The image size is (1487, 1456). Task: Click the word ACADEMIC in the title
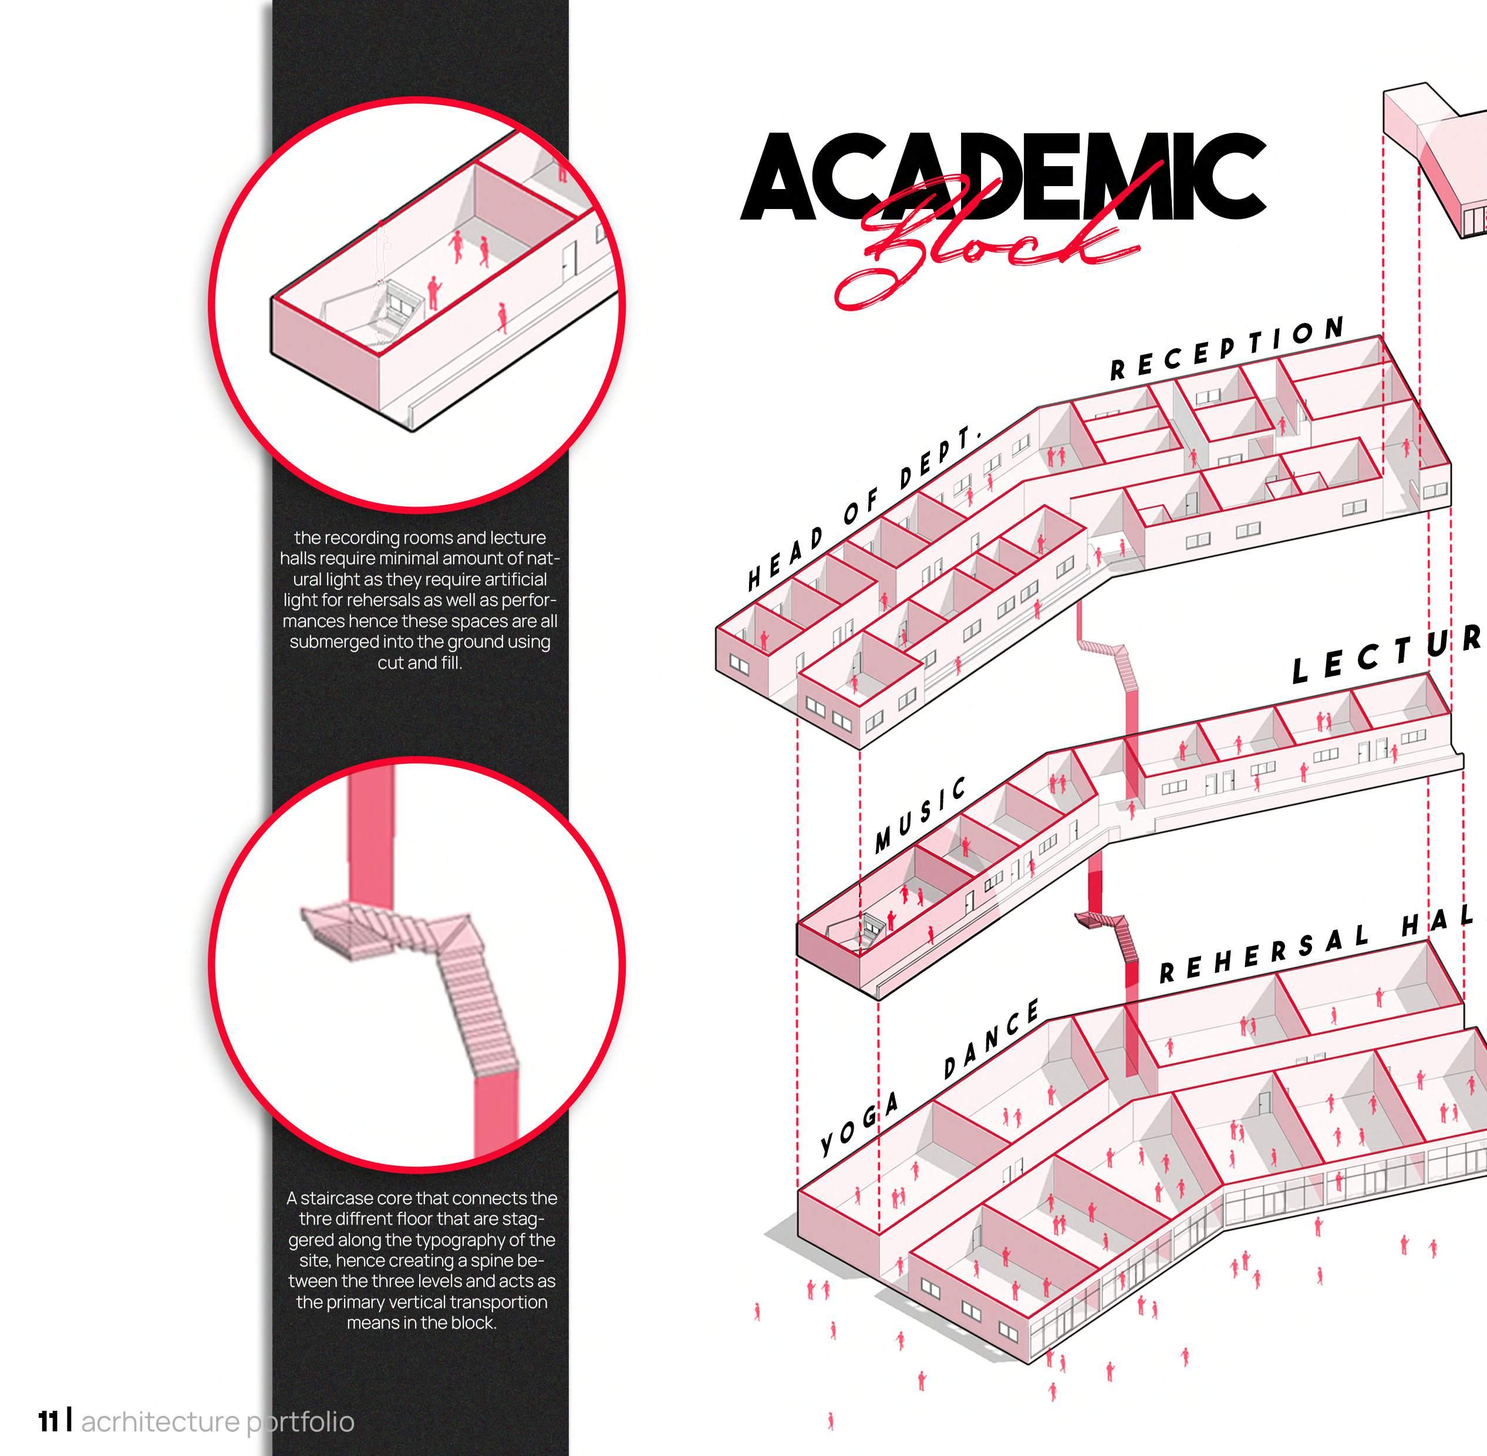click(1002, 177)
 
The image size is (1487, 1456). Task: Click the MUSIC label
click(920, 814)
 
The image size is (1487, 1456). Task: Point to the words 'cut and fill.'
click(420, 662)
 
